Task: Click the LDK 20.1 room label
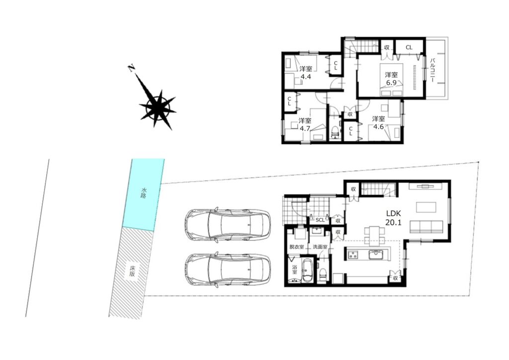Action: click(394, 218)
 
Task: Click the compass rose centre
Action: click(158, 106)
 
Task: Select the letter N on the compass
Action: click(131, 68)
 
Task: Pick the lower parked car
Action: click(227, 269)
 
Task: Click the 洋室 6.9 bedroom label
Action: click(391, 79)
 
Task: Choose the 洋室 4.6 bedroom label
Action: click(378, 123)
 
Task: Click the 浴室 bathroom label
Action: click(294, 270)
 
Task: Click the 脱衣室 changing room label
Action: click(296, 247)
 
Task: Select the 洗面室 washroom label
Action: click(320, 247)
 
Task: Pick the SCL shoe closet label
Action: click(320, 220)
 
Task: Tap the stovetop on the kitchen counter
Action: click(352, 255)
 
